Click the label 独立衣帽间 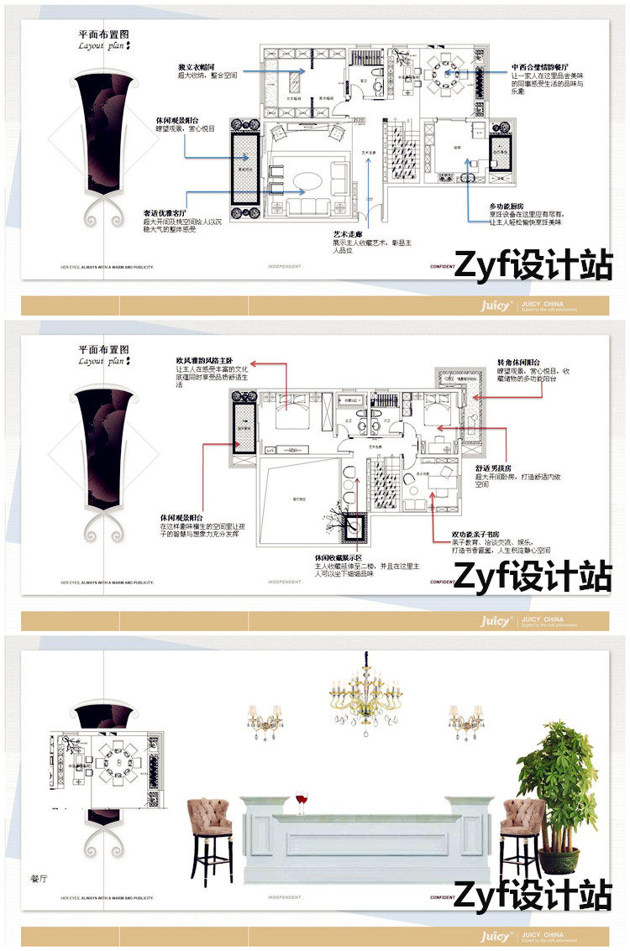197,66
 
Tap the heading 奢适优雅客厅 165,214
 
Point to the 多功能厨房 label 506,206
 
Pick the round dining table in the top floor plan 443,74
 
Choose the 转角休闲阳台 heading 518,362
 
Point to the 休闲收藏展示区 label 338,558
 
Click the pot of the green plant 558,860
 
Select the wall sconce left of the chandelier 264,719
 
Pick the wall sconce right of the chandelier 465,719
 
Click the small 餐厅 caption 39,879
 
